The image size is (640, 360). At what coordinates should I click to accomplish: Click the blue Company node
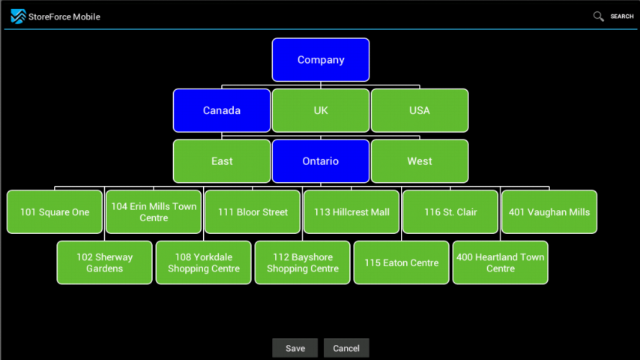coord(321,60)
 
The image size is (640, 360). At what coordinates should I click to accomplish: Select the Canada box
coord(222,110)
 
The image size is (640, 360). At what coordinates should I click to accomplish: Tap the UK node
coord(321,110)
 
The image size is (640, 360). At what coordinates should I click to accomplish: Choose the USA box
coord(420,110)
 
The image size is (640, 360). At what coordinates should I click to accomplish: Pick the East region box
coord(222,161)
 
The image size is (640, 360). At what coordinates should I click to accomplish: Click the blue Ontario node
coord(321,161)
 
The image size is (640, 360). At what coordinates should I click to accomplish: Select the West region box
coord(420,161)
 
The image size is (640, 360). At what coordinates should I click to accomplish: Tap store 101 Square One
coord(55,212)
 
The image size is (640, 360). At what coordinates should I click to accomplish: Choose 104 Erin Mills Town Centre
coord(154,212)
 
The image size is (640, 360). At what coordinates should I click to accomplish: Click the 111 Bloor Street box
coord(253,212)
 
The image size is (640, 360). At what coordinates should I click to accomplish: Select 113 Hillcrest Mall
coord(351,212)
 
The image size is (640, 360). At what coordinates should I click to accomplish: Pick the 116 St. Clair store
coord(450,212)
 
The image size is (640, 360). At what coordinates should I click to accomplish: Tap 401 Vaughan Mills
coord(549,212)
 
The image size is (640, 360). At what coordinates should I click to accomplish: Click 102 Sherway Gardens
coord(105,262)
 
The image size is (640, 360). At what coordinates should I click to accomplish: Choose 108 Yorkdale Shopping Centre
coord(204,262)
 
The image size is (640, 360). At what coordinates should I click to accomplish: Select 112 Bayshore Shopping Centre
coord(303,262)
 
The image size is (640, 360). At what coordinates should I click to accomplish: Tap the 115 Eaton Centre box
coord(402,262)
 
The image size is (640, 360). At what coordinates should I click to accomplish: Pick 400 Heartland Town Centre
coord(501,262)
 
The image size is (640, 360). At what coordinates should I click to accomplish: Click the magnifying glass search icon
coord(599,16)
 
